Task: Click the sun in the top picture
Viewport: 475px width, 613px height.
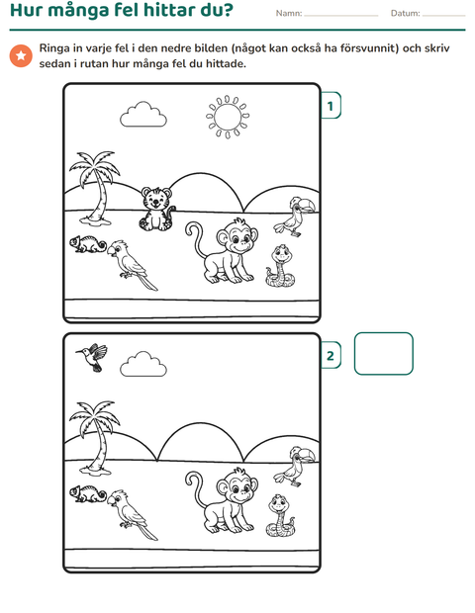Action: pos(228,117)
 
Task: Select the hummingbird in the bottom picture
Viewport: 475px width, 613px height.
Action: pos(92,357)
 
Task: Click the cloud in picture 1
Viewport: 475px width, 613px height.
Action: pos(143,114)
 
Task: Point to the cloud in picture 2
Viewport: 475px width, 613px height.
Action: pos(143,364)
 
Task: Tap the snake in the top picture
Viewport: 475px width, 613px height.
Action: pos(280,267)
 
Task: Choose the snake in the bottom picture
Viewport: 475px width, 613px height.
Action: pos(280,516)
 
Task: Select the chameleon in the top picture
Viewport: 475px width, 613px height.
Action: pos(88,244)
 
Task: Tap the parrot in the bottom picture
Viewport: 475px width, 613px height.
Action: pos(133,514)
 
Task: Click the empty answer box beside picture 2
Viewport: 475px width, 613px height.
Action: pos(383,353)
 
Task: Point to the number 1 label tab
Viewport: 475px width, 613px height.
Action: pos(331,106)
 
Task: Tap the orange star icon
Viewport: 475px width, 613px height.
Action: pos(21,56)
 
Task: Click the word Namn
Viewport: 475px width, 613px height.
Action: pos(289,13)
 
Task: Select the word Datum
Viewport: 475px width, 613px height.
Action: pos(406,13)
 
